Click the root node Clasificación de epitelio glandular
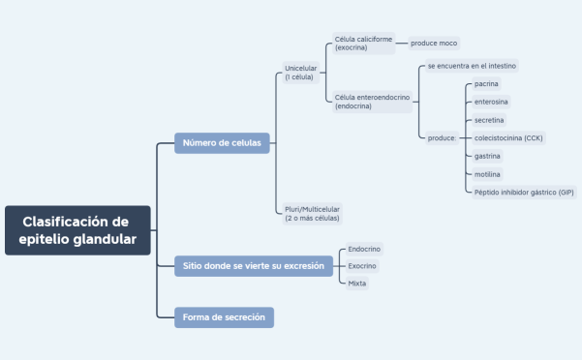tap(77, 230)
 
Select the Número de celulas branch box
tap(222, 143)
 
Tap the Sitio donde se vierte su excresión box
tap(253, 265)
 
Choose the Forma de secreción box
tap(224, 317)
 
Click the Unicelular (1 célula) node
tap(300, 73)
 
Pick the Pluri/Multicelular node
tap(312, 213)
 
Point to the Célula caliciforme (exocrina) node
tap(364, 44)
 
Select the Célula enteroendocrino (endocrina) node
tap(372, 102)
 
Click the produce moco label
tap(434, 44)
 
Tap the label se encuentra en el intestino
tap(472, 66)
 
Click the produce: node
tap(442, 138)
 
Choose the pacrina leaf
tap(487, 84)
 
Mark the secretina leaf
tap(489, 120)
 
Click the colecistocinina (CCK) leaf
tap(508, 138)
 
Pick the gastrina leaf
tap(488, 156)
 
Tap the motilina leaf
tap(488, 174)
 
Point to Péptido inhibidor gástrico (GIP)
tap(523, 193)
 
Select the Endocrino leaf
tap(364, 249)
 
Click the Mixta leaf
tap(357, 284)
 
